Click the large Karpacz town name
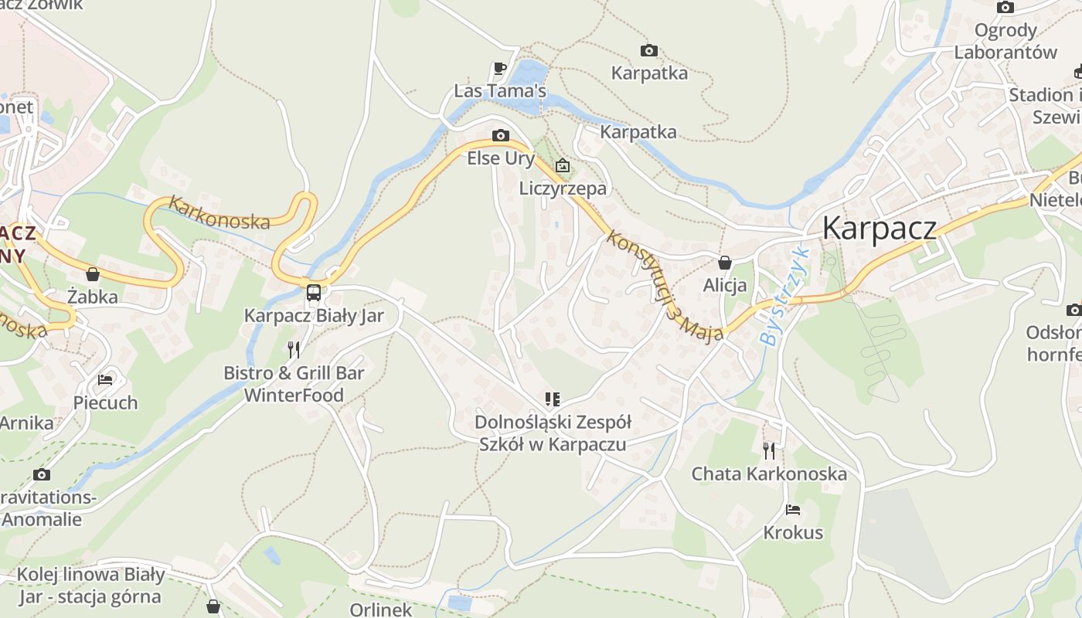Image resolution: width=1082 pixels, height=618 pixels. tap(880, 228)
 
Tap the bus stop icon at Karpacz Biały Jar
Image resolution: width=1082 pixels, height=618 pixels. tap(313, 292)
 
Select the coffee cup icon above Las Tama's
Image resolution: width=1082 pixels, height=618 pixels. tap(500, 69)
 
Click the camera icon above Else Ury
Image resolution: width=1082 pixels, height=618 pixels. tap(501, 136)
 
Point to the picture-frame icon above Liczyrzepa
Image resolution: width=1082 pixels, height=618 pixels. tap(563, 165)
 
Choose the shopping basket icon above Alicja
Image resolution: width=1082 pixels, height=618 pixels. tap(725, 263)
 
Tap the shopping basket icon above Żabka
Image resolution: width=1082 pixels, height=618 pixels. tap(93, 274)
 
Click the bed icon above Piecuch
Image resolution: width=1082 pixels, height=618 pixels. tap(105, 380)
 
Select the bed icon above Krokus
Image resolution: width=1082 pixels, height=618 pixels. tap(793, 510)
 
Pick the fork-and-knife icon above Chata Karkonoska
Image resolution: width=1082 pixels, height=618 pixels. tap(769, 450)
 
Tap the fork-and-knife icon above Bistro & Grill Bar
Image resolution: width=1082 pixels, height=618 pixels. tap(294, 350)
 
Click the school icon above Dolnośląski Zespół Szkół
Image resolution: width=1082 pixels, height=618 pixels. tap(552, 399)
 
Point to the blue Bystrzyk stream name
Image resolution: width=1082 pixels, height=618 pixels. tap(782, 297)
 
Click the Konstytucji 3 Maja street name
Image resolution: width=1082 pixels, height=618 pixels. tap(664, 287)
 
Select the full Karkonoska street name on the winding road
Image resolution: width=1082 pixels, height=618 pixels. tap(219, 213)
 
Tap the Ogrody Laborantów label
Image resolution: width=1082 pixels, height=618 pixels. tap(1005, 42)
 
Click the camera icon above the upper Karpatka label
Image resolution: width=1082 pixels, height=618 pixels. tap(649, 51)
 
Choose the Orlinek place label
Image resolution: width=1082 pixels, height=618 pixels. tap(381, 610)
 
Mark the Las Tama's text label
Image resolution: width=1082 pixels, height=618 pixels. tap(500, 91)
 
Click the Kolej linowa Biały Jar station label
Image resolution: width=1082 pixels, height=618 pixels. tap(90, 586)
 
